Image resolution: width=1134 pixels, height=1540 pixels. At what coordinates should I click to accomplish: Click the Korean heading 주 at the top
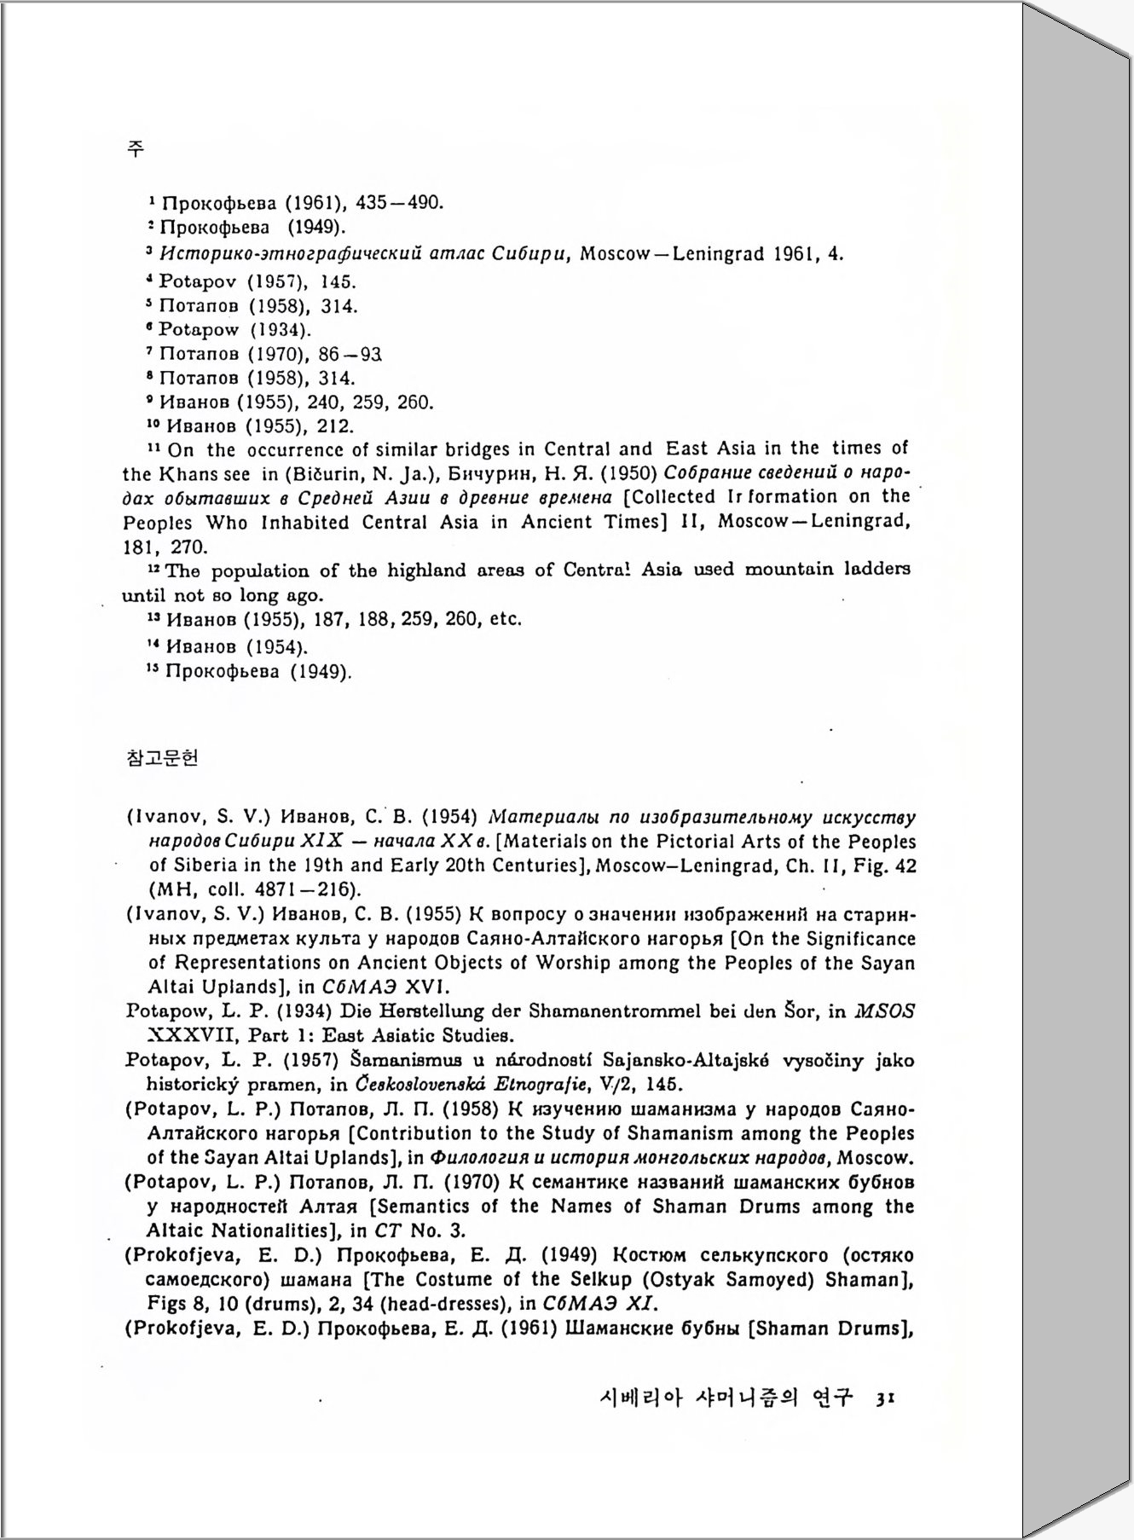(135, 148)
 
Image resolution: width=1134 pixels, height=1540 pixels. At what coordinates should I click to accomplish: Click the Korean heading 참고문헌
(162, 757)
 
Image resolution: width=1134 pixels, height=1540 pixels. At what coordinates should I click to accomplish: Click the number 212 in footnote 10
(335, 426)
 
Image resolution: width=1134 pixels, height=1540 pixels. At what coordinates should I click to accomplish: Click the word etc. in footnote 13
(506, 619)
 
